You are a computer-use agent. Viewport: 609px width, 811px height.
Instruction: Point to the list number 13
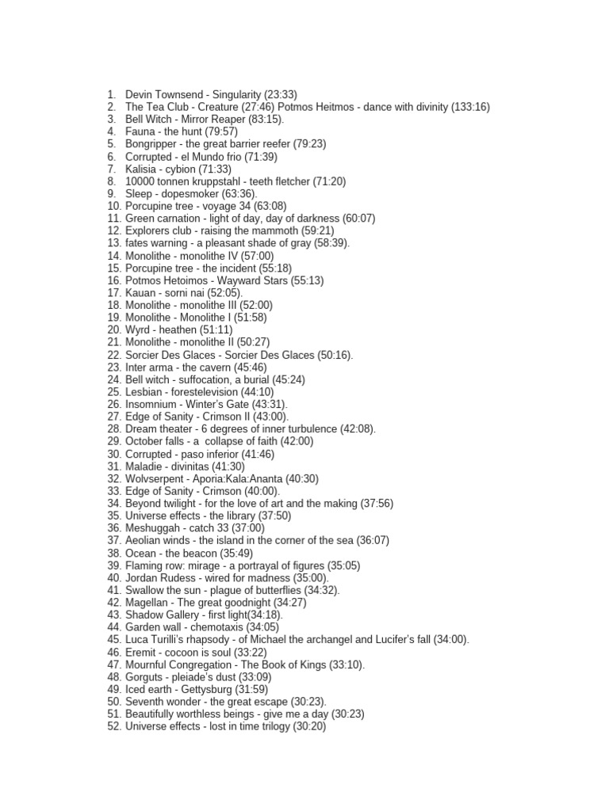pos(113,243)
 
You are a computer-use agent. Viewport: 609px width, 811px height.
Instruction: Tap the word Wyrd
pos(138,329)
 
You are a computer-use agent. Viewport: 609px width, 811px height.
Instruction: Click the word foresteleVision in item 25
pos(204,392)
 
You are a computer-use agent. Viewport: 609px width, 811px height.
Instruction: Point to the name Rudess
pos(180,578)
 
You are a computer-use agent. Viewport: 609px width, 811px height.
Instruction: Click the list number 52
pos(113,726)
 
